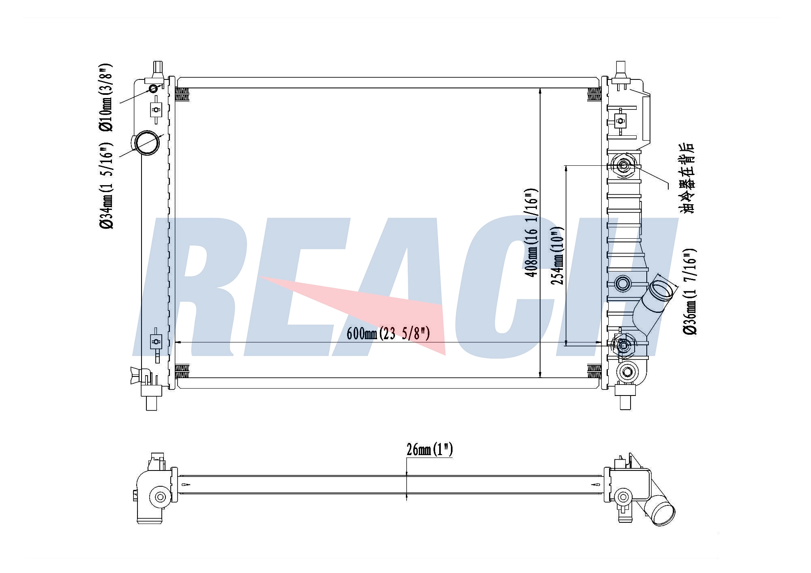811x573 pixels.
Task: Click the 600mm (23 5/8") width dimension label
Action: click(388, 333)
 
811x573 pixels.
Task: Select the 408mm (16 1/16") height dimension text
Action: click(531, 232)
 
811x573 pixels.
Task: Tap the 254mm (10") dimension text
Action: click(558, 255)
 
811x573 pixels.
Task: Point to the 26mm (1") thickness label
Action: click(429, 449)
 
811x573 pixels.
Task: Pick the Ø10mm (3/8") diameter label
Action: click(105, 97)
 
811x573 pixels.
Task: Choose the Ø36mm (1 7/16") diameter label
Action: click(690, 291)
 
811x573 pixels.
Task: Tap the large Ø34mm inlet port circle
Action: click(147, 142)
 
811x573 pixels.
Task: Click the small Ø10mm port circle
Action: click(154, 89)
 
